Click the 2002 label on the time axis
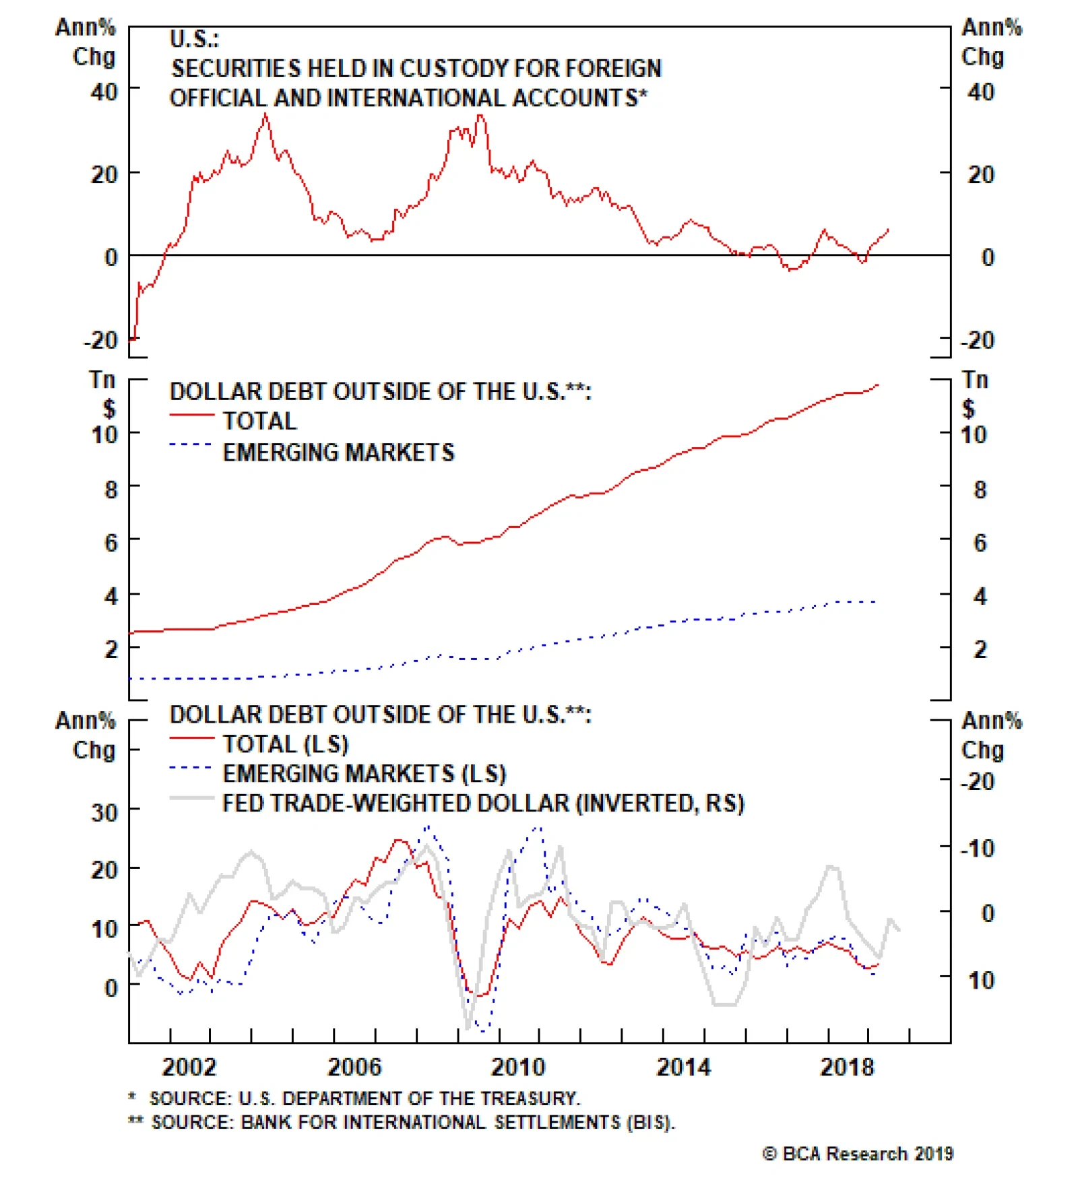click(x=189, y=1067)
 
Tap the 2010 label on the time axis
click(x=517, y=1067)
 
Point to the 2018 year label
click(x=846, y=1067)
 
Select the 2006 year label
click(x=354, y=1067)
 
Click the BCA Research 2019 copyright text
click(x=858, y=1154)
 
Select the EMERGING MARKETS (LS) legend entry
click(x=364, y=774)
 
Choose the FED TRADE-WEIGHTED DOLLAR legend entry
click(x=483, y=803)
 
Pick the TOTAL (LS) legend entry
click(x=286, y=744)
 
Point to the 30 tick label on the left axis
click(x=105, y=812)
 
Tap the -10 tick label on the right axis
click(x=977, y=848)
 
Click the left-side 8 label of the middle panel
click(x=111, y=490)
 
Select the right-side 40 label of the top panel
click(x=980, y=92)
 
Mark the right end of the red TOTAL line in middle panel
click(x=879, y=385)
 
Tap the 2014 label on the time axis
click(x=683, y=1067)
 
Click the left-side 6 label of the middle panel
click(x=111, y=543)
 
